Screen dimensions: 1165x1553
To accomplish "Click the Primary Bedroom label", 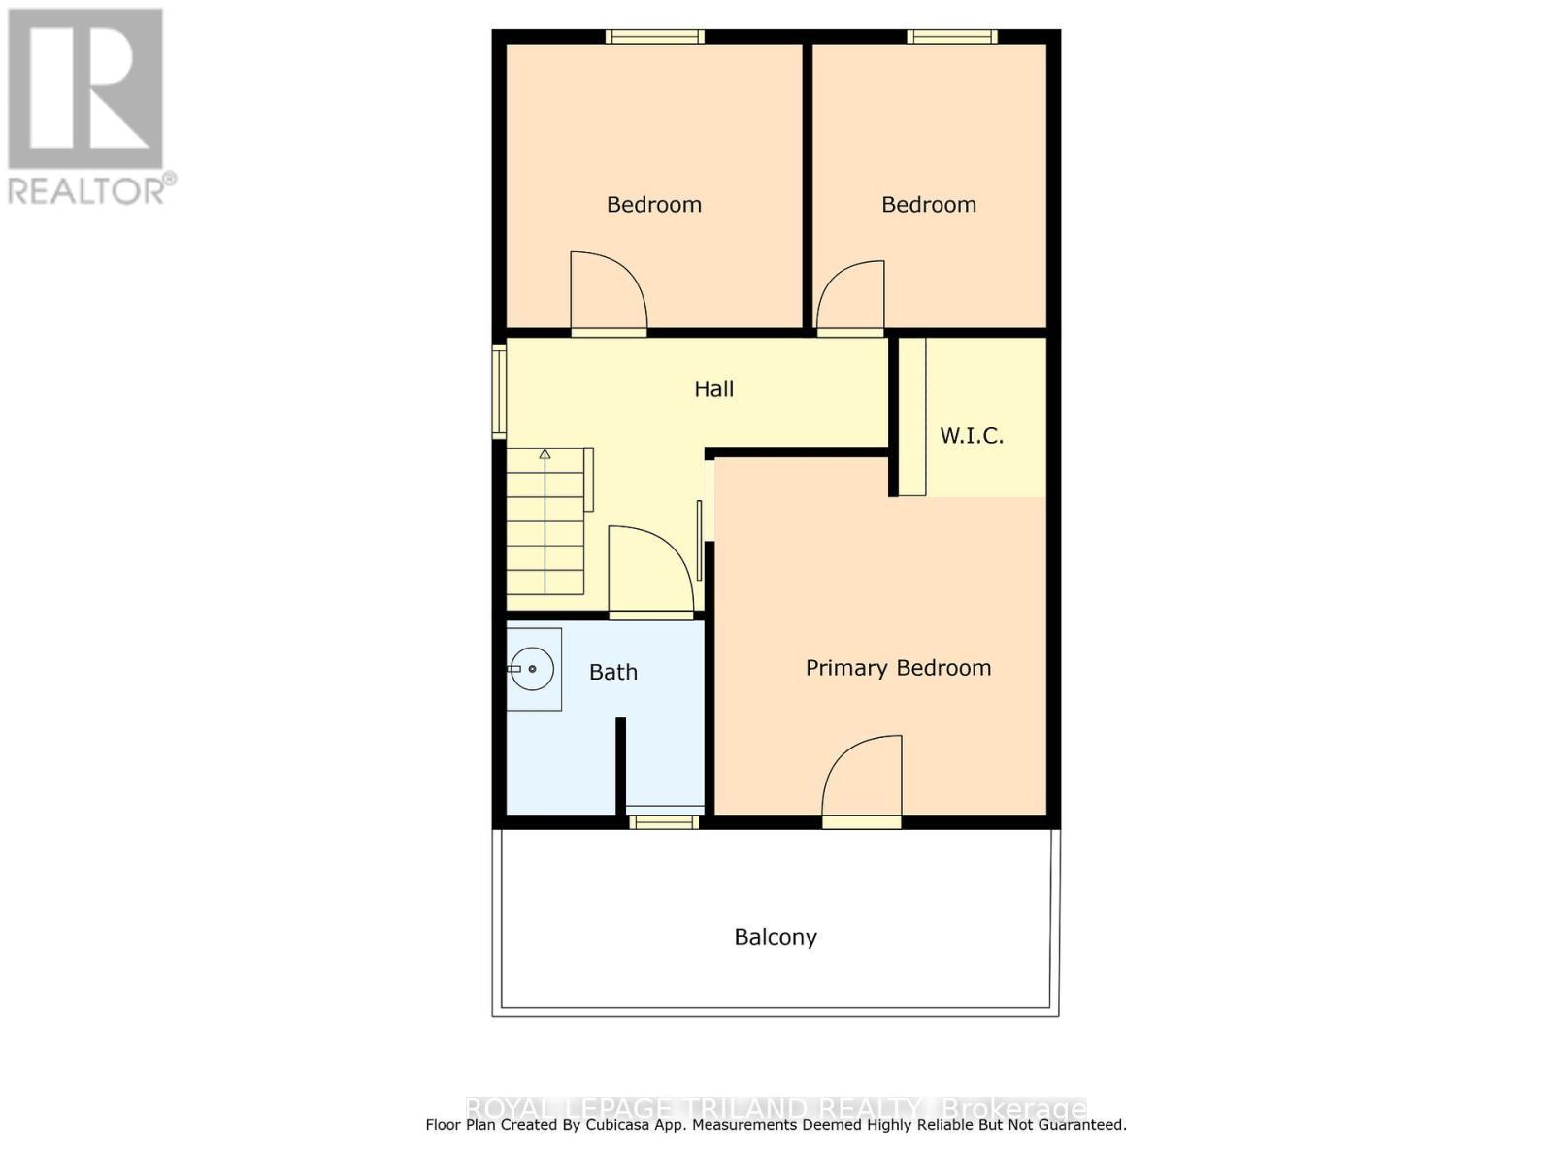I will click(898, 668).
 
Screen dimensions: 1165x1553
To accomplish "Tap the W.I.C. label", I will click(971, 435).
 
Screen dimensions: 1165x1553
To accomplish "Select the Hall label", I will click(713, 389).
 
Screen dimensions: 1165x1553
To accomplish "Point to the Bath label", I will click(613, 672).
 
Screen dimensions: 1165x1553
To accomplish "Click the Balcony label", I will click(776, 937).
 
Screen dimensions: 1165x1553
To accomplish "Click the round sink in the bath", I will click(532, 669).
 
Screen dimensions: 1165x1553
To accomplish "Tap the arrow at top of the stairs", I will click(545, 454).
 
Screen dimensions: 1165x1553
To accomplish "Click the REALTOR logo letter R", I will click(85, 88).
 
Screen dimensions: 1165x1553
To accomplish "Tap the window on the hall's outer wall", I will click(499, 391).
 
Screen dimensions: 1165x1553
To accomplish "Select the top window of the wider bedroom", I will click(655, 37).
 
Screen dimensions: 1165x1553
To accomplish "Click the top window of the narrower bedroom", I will click(952, 37).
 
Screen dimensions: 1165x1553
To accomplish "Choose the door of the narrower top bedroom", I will click(851, 297).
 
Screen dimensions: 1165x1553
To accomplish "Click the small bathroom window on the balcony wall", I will click(664, 822).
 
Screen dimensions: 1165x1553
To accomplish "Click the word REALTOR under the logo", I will click(85, 190).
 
